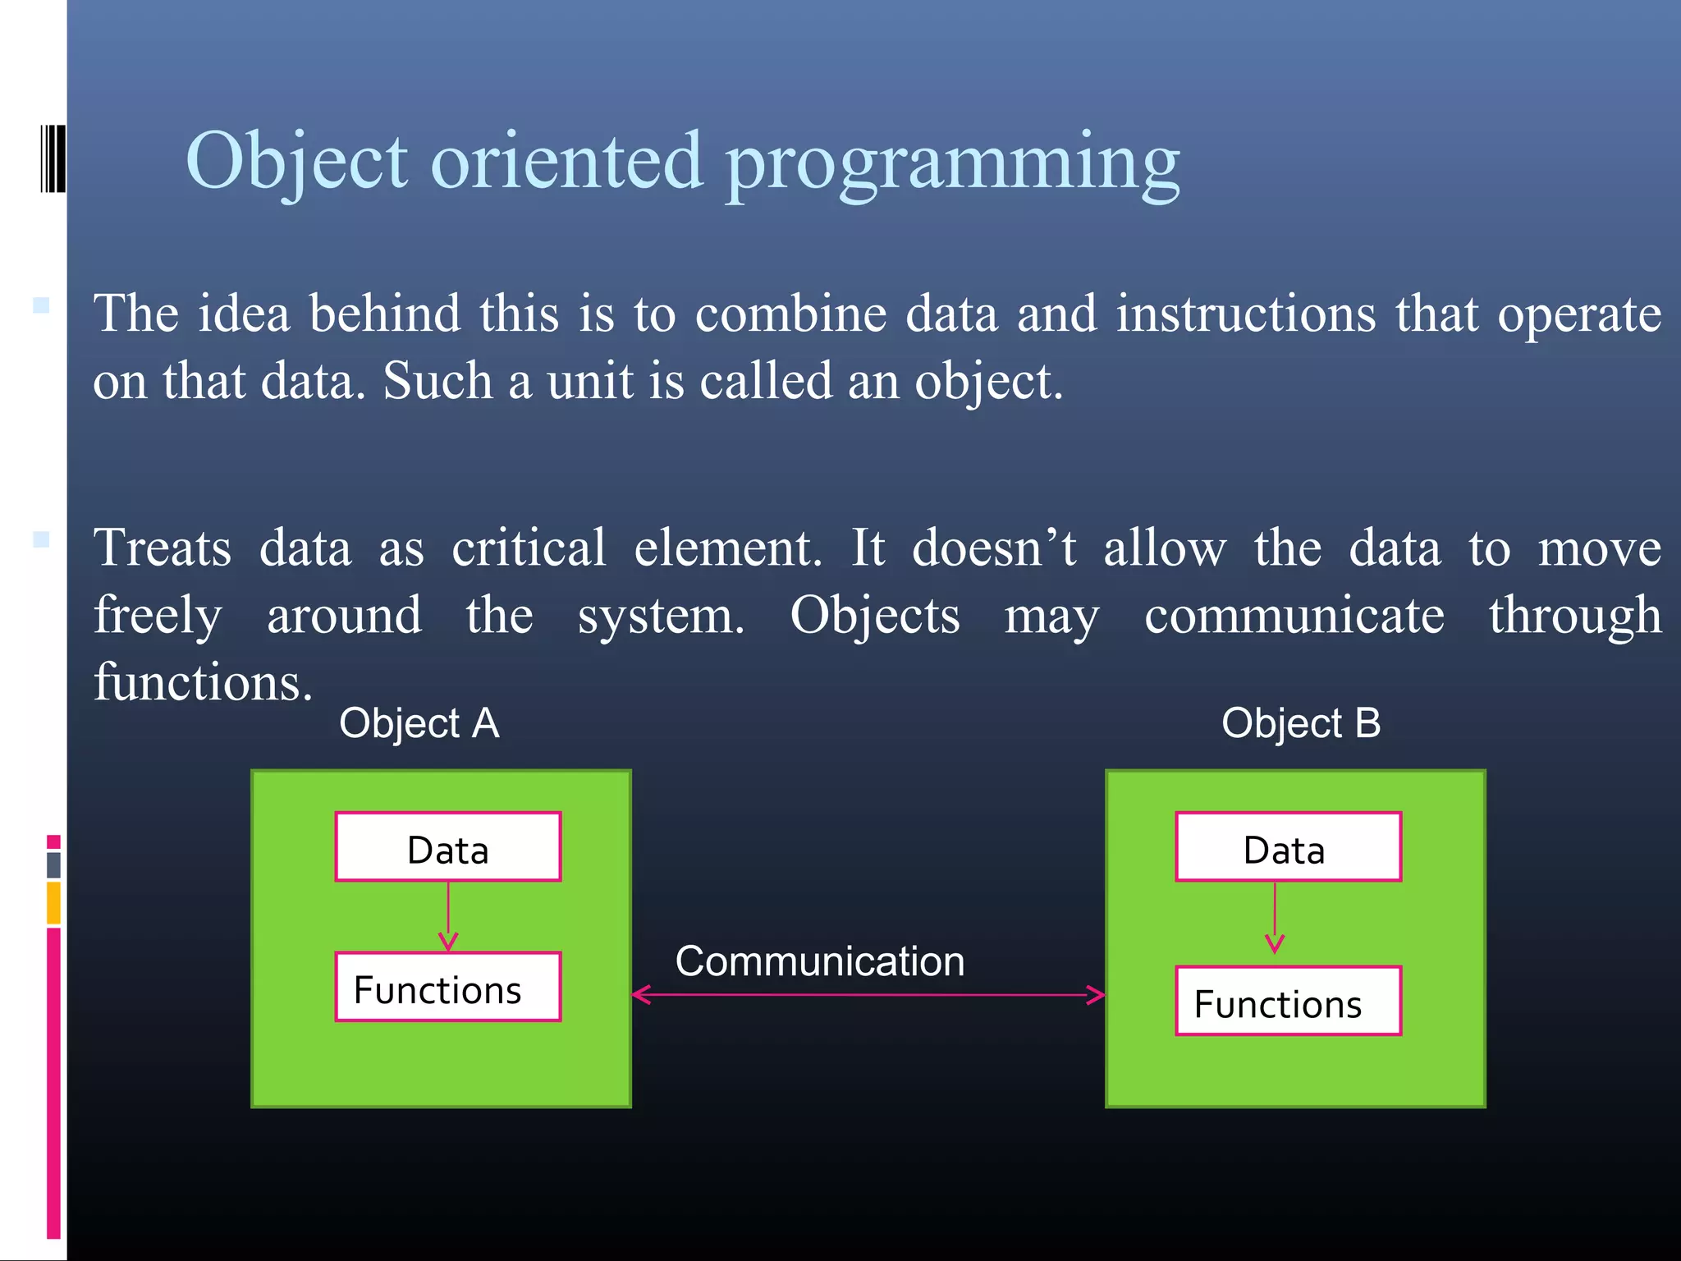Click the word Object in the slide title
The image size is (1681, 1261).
[x=296, y=161]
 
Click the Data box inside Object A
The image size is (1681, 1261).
[x=447, y=847]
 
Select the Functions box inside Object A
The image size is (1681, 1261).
[x=447, y=988]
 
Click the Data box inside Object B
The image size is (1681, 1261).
[x=1288, y=847]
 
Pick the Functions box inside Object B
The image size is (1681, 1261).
[x=1288, y=1002]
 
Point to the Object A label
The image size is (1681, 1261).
[x=419, y=724]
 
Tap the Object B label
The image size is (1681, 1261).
[x=1301, y=724]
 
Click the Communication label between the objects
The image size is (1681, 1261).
[x=819, y=961]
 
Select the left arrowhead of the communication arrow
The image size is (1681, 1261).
[x=640, y=995]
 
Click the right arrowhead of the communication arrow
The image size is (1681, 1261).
[x=1097, y=995]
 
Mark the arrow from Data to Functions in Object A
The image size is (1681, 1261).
[x=448, y=915]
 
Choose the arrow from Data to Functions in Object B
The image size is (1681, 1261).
[x=1275, y=918]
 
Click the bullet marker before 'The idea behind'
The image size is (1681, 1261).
[x=41, y=305]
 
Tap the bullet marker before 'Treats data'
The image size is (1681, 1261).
[x=41, y=539]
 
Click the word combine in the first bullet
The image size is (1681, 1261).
[x=790, y=314]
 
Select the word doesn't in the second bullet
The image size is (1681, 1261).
[x=993, y=548]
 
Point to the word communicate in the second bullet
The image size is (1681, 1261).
[x=1294, y=616]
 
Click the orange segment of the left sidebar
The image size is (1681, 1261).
[x=53, y=902]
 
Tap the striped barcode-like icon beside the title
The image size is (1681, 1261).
[x=53, y=158]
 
